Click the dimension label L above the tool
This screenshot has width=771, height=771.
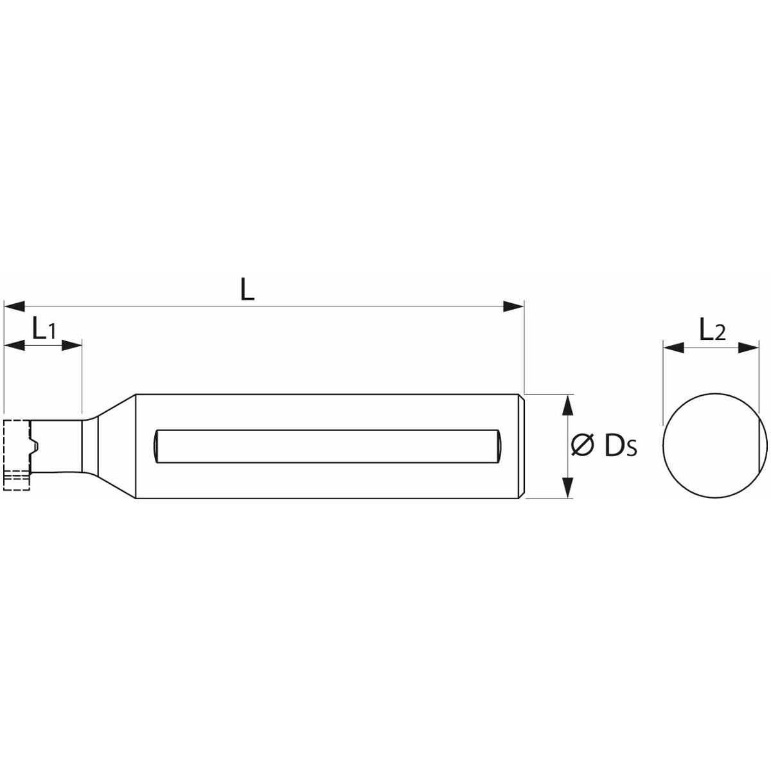(247, 289)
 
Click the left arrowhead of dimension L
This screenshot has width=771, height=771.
(14, 306)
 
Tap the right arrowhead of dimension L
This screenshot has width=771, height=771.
(513, 306)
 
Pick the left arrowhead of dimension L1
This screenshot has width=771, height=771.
(14, 345)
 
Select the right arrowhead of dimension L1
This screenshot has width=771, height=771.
(71, 345)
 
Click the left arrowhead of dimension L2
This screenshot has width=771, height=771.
(674, 348)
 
